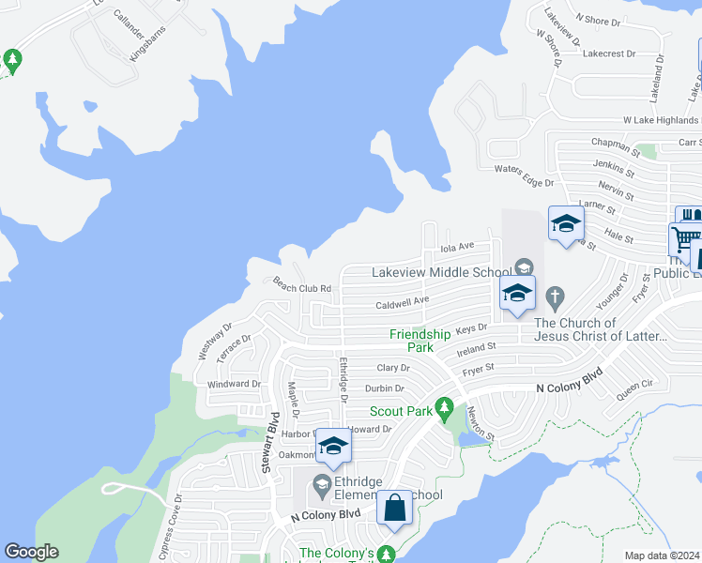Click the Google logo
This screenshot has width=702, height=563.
coord(31,552)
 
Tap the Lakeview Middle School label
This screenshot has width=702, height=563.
coord(441,272)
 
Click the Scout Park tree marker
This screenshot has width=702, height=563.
coord(448,409)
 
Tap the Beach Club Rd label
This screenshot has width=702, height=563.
coord(302,285)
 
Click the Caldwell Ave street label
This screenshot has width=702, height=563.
coord(403,302)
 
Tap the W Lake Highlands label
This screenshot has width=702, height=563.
coord(661,121)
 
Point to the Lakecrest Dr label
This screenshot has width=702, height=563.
coord(609,54)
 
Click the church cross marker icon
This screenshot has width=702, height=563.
coord(556,298)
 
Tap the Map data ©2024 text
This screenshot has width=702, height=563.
coord(662,555)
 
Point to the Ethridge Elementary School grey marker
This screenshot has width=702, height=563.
coord(322,485)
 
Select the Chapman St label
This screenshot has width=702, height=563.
coord(616,150)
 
